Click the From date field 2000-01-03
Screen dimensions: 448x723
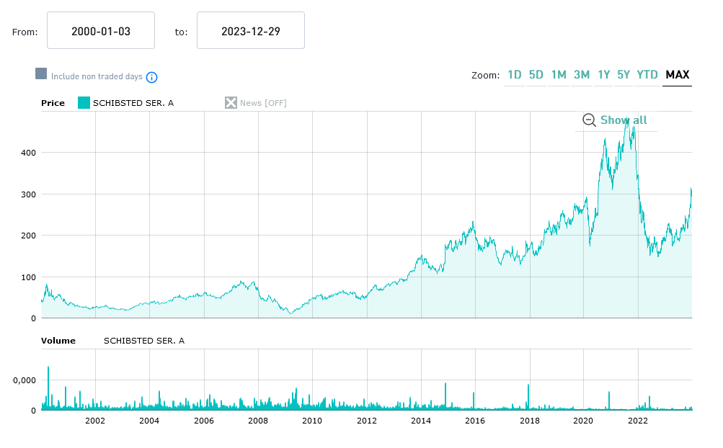[x=101, y=31]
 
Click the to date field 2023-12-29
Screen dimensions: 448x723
[x=251, y=31]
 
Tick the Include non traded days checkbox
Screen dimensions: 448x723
[x=41, y=74]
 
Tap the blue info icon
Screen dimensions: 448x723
[x=151, y=77]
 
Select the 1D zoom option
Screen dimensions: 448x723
[x=514, y=75]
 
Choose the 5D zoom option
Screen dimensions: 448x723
[x=536, y=75]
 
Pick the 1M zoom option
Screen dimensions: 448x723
[x=559, y=75]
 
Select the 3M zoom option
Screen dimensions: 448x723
[x=582, y=75]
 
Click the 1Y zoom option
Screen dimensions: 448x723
[x=604, y=75]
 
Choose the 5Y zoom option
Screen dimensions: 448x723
[x=624, y=75]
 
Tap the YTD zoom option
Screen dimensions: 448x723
[x=647, y=75]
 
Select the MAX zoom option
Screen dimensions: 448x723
[x=677, y=75]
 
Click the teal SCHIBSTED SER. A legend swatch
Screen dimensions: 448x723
[x=84, y=103]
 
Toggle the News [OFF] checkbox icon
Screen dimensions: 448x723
[x=231, y=103]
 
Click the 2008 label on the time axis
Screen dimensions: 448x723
[x=258, y=421]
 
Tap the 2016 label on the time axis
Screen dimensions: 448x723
[x=475, y=421]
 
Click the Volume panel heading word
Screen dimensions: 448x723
[x=58, y=341]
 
